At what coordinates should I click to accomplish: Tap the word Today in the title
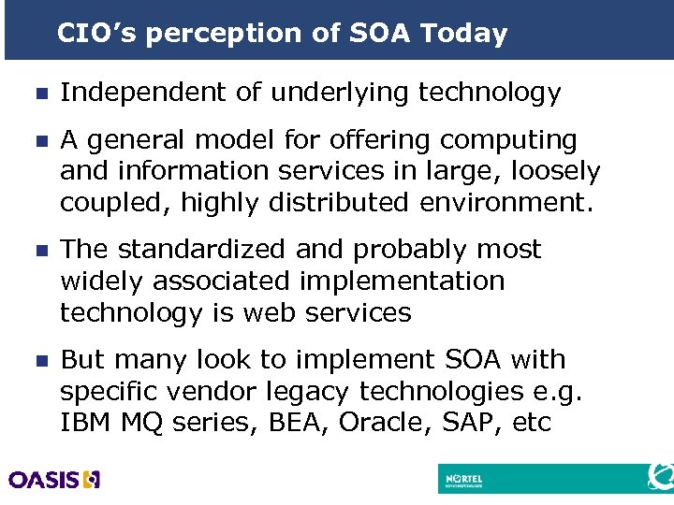pos(464,35)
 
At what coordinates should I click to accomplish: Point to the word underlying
pos(333,93)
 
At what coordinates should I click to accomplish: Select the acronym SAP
pos(471,422)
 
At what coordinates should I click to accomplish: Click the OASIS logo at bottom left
pos(53,480)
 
